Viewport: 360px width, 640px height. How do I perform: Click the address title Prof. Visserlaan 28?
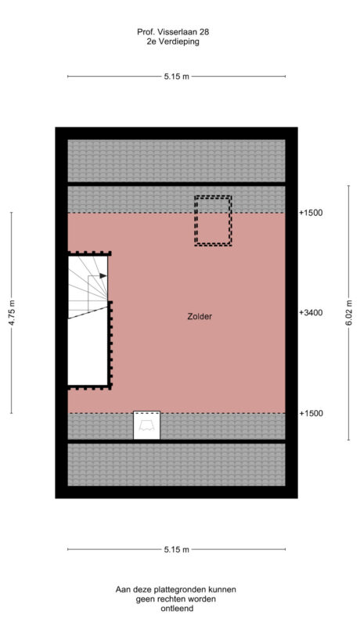[172, 32]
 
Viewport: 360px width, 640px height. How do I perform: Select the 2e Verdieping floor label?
[172, 42]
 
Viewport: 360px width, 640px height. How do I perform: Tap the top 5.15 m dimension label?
[177, 77]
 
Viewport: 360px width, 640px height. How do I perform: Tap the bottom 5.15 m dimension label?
[177, 549]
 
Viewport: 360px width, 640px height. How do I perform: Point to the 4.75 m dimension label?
[11, 313]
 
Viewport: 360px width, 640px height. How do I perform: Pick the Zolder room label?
[200, 317]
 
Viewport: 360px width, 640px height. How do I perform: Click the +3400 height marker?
[311, 312]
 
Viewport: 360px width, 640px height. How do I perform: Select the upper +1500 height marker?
[311, 212]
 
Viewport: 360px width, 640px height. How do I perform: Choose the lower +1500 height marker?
[311, 413]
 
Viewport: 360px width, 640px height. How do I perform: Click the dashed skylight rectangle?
[213, 221]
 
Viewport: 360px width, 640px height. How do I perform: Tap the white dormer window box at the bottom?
[147, 425]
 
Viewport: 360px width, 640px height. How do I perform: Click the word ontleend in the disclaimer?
[175, 608]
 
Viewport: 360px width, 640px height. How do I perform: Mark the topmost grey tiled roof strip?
[176, 160]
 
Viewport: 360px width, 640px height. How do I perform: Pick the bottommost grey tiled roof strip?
[176, 464]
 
